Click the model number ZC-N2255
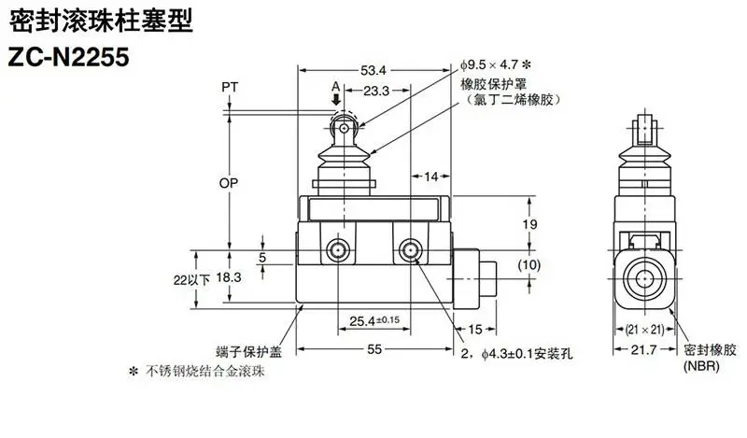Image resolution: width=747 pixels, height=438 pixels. tap(68, 57)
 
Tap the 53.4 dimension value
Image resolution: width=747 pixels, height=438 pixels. tap(373, 71)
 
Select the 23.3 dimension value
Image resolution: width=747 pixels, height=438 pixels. tap(376, 91)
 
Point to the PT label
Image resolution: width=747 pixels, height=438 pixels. tap(230, 87)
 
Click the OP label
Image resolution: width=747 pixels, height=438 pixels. tap(228, 182)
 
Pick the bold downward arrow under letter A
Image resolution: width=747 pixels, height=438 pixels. tap(336, 99)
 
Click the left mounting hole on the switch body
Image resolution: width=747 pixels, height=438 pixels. tap(338, 250)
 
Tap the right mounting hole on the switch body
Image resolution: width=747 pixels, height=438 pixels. tap(411, 250)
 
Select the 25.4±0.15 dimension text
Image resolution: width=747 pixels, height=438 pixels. tap(374, 320)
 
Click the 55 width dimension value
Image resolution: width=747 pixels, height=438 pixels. tap(374, 349)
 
